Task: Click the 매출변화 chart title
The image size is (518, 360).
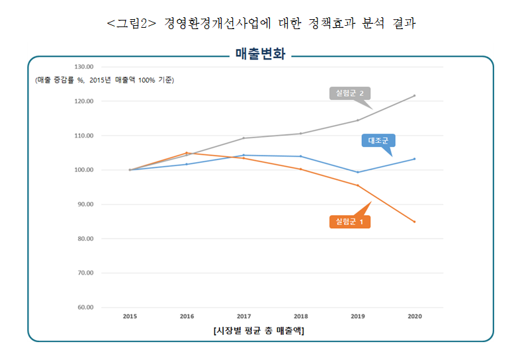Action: pos(260,54)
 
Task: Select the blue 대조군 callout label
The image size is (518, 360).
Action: pos(377,140)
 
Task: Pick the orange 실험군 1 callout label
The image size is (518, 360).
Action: pos(349,222)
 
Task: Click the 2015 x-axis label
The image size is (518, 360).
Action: pos(130,316)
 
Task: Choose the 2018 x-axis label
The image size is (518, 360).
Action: pos(300,316)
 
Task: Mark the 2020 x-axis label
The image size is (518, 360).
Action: pos(414,316)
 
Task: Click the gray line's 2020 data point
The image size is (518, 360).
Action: pos(414,95)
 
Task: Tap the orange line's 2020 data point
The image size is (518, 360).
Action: pos(414,222)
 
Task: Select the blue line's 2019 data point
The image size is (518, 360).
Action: pos(357,172)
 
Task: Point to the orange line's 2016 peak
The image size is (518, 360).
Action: pos(187,153)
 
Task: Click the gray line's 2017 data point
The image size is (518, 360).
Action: pos(243,138)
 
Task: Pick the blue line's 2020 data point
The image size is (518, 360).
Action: pos(414,159)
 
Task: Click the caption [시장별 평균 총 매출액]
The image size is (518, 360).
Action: pos(259,330)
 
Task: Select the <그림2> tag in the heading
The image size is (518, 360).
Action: pos(131,24)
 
